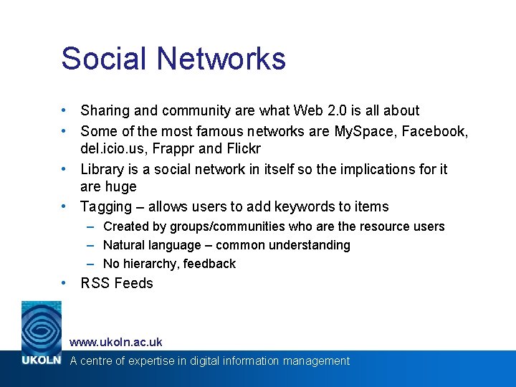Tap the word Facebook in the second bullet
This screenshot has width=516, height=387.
tap(436, 131)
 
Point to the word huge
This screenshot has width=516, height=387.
tap(119, 187)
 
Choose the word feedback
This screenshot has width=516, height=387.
tap(209, 264)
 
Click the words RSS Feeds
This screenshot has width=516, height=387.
tap(117, 283)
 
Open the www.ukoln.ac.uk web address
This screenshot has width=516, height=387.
tap(115, 342)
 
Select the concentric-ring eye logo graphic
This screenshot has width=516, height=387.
tap(41, 327)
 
